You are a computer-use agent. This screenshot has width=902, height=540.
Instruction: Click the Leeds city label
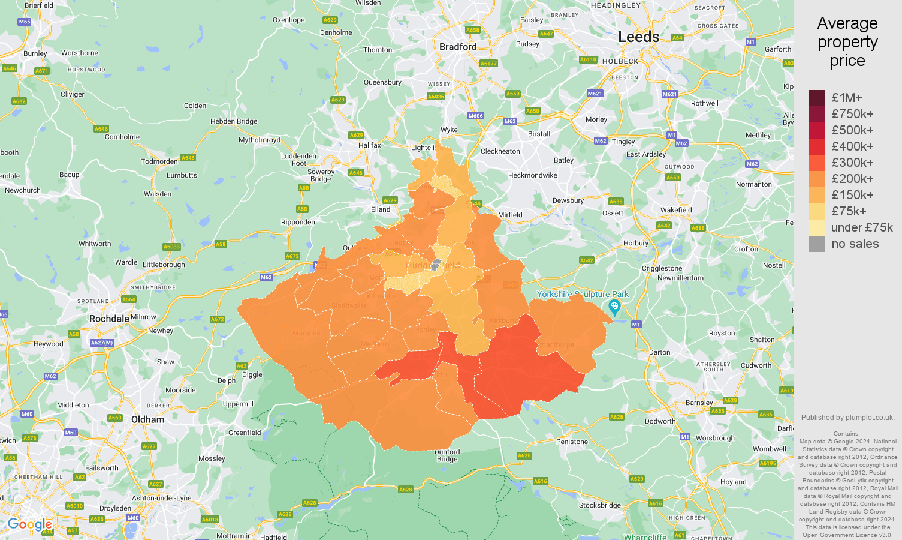[638, 37]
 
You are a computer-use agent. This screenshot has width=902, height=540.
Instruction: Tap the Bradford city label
[458, 47]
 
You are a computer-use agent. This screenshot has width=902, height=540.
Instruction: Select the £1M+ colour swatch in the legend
[816, 98]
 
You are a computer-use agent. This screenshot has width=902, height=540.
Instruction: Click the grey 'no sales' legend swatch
[816, 244]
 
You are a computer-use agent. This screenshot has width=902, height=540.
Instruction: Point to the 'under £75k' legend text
[861, 227]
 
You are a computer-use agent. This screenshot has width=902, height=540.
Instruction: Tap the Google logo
[29, 524]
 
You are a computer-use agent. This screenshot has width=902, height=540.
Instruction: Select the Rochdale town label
[109, 319]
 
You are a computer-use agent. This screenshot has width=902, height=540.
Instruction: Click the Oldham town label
[147, 419]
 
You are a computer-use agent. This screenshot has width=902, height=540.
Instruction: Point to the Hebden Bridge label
[234, 121]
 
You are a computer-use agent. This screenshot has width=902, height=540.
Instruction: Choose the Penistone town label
[572, 442]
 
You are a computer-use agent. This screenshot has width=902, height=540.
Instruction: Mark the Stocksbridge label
[599, 505]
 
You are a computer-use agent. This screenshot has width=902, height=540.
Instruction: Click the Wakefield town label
[676, 210]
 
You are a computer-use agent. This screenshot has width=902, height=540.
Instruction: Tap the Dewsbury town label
[568, 200]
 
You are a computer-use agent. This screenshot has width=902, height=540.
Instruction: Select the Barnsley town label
[699, 403]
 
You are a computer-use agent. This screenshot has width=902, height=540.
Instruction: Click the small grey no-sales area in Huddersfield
[436, 265]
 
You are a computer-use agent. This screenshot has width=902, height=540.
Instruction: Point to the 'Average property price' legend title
[847, 42]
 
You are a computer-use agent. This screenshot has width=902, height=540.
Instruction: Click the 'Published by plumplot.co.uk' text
[847, 418]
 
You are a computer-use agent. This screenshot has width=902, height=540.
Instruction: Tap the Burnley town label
[35, 53]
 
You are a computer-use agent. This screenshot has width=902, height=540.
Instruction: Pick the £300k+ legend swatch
[816, 163]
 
